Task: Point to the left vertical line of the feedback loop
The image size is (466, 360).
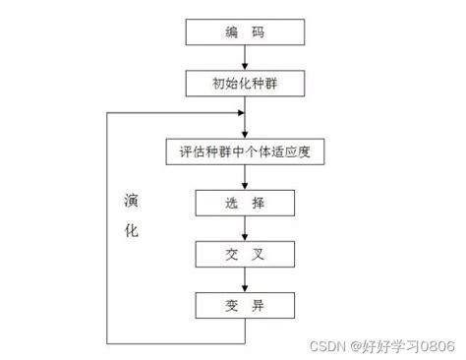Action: click(x=107, y=226)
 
